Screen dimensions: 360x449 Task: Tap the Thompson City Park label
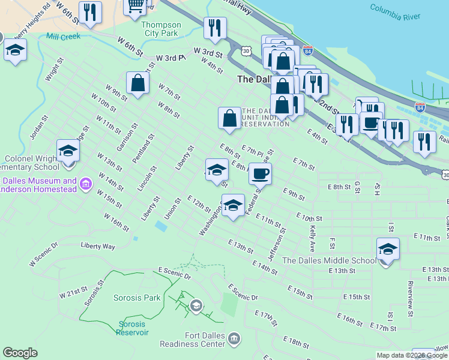[x=161, y=29]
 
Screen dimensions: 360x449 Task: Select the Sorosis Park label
[x=137, y=297]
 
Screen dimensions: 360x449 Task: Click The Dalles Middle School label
[x=329, y=260]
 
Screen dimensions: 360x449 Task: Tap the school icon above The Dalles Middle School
[x=388, y=248]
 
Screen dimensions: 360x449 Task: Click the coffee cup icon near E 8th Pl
[x=260, y=173]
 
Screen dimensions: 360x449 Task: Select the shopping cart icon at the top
[x=135, y=6]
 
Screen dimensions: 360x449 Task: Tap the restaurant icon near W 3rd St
[x=214, y=27]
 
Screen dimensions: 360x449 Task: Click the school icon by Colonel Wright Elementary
[x=68, y=150]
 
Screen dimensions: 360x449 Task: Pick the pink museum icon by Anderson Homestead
[x=86, y=182]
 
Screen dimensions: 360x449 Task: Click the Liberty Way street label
[x=98, y=246]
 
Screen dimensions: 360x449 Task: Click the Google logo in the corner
[x=20, y=353]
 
